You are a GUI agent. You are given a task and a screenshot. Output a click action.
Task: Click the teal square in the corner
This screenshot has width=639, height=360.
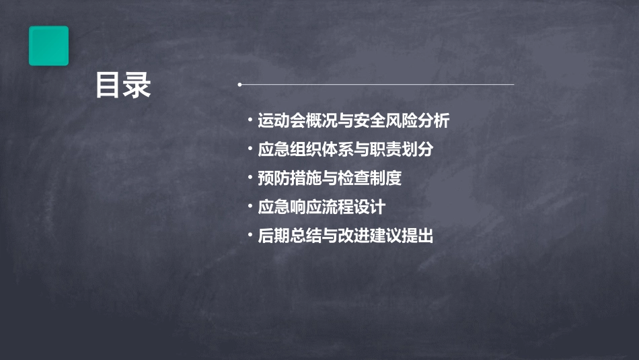(48, 46)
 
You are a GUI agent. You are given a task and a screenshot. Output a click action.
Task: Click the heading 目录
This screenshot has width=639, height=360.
(123, 85)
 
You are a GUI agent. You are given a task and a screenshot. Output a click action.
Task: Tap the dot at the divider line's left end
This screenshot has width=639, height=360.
(239, 85)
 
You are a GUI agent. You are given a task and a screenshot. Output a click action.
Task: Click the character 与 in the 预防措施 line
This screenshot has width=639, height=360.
(330, 178)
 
